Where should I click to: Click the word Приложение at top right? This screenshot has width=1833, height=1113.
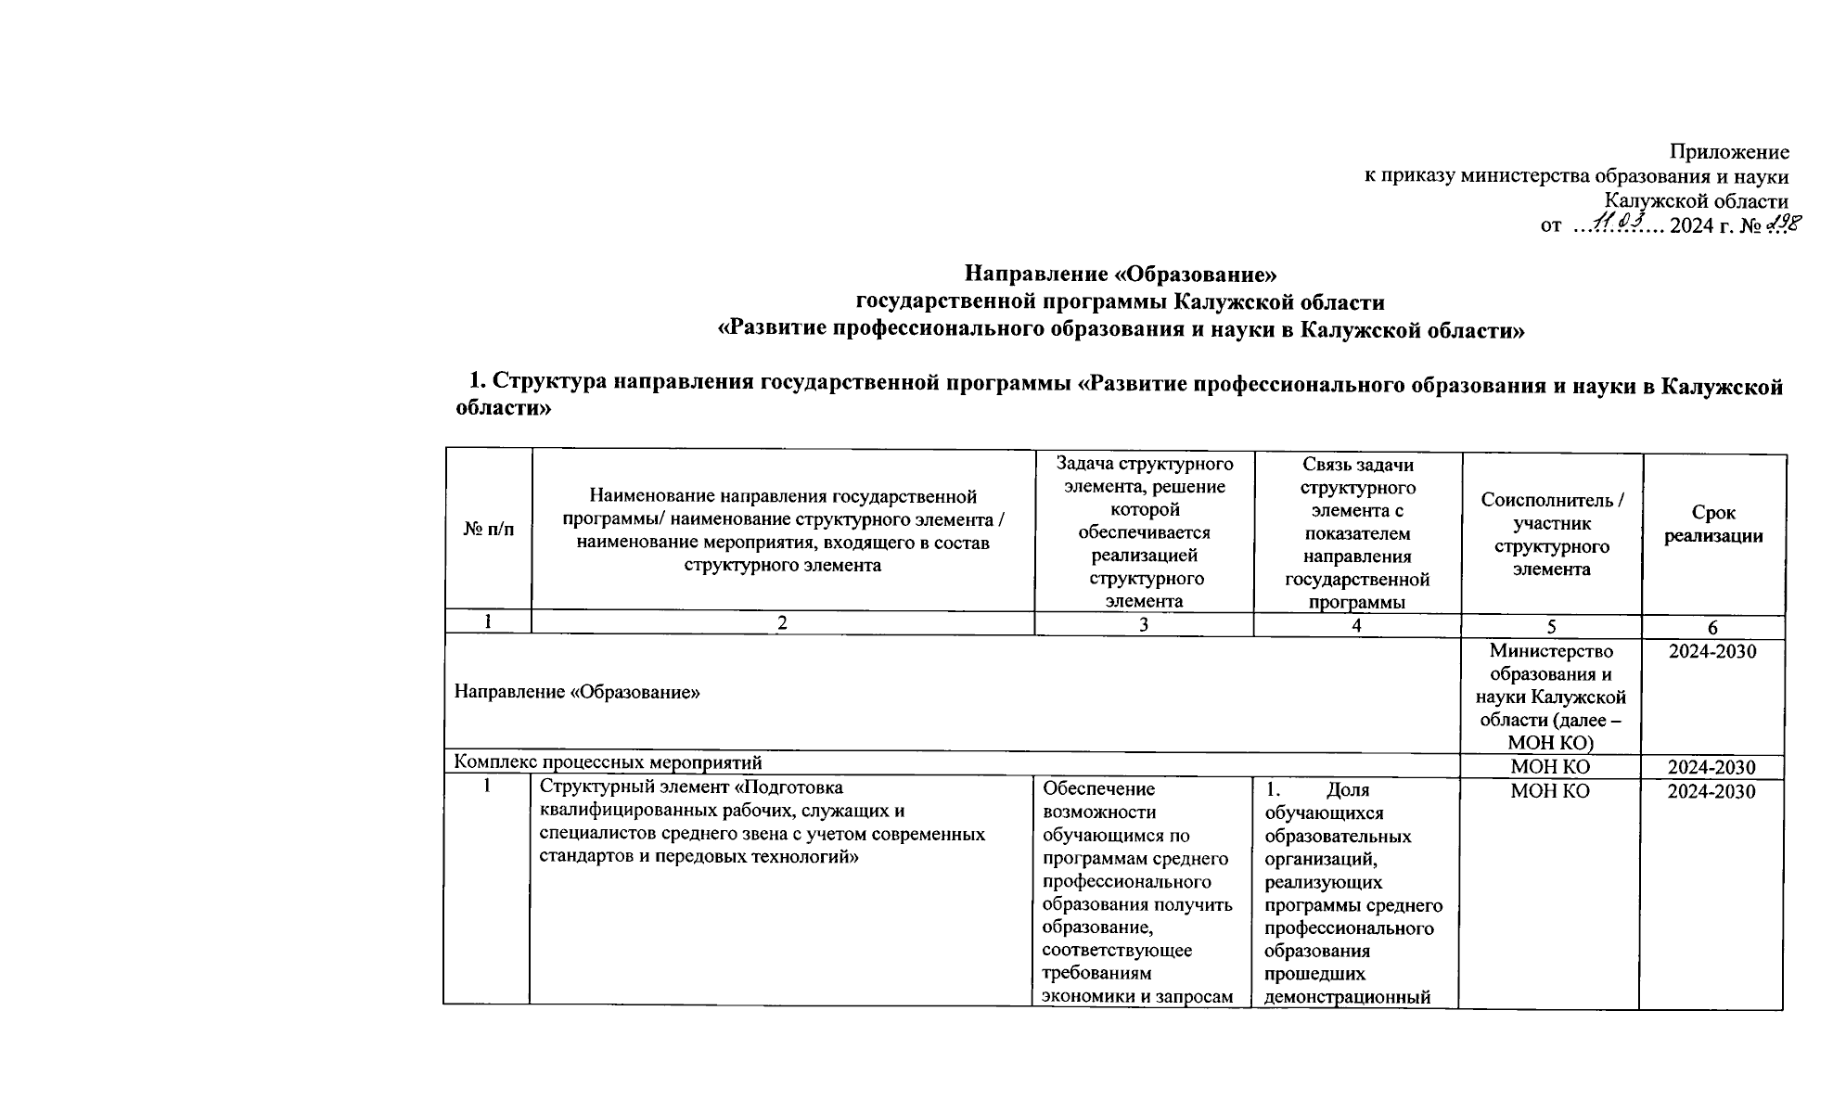coord(1729,152)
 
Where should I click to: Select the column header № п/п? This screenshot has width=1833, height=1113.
coord(488,530)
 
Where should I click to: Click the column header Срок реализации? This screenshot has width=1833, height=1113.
coord(1712,524)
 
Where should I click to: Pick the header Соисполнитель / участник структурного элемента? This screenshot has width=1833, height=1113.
coord(1552,534)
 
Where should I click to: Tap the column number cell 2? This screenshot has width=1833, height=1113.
coord(782,623)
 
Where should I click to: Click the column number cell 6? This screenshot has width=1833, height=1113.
coord(1712,627)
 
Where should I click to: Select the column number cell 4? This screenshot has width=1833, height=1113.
coord(1356,626)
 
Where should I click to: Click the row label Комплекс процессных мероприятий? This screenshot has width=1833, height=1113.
coord(608,762)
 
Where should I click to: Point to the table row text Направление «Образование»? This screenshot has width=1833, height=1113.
coord(576,693)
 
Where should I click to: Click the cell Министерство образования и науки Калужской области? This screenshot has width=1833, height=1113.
coord(1551,697)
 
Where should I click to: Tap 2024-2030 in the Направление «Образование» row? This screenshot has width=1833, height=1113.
coord(1711,652)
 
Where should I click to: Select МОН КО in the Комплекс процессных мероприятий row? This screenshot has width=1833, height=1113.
coord(1550,767)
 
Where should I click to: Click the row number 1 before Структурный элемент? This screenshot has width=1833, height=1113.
coord(486,787)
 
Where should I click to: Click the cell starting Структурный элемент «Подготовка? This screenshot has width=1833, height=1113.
coord(762,822)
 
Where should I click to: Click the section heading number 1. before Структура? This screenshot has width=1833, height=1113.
coord(477,382)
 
